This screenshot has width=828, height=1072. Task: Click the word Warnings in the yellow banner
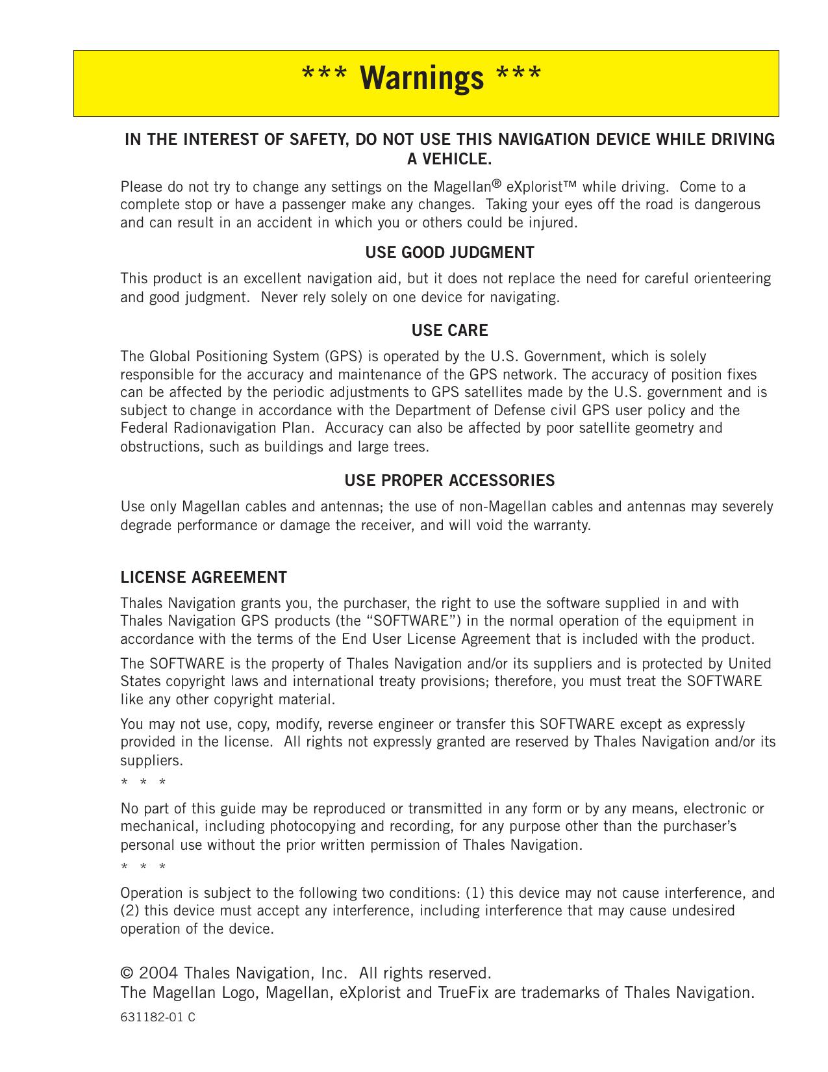[x=421, y=78]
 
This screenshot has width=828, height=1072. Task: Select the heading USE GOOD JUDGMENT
[x=449, y=253]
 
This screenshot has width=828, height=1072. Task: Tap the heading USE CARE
[x=449, y=331]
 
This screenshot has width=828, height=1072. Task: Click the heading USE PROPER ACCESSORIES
[x=449, y=481]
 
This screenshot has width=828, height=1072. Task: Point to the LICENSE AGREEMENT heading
[x=203, y=578]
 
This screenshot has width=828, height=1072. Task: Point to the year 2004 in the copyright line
[x=158, y=973]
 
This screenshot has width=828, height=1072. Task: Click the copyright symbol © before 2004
[x=127, y=973]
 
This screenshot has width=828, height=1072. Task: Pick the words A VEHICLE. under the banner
[x=449, y=159]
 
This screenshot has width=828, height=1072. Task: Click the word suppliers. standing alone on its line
[x=151, y=760]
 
